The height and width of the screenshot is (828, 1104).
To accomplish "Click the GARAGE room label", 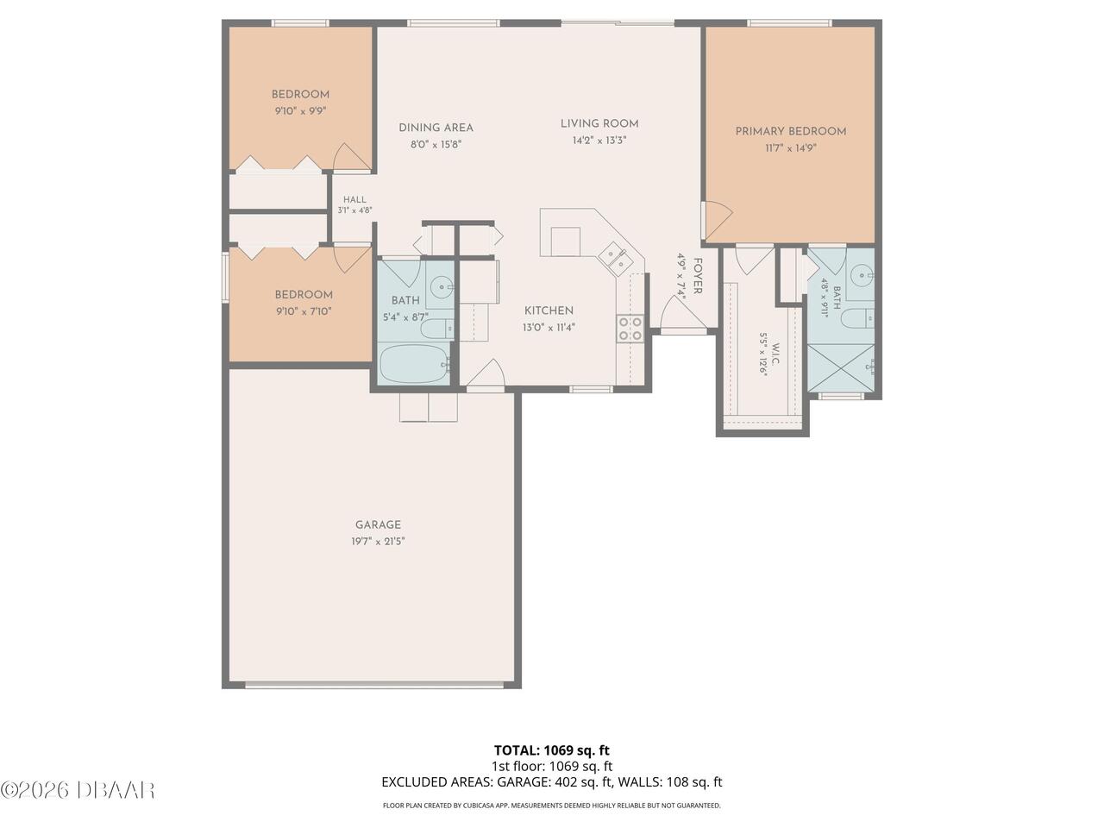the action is tap(378, 525).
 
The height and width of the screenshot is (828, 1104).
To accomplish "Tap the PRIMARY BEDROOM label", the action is tap(791, 132).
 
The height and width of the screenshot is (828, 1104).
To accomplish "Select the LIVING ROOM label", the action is tap(599, 123).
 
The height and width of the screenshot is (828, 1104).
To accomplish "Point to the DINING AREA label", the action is tap(436, 128).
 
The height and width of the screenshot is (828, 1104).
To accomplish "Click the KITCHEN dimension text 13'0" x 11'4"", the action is tap(549, 327).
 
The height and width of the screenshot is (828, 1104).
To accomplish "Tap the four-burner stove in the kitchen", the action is tap(630, 329).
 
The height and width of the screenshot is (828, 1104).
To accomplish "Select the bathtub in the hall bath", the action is tap(415, 365).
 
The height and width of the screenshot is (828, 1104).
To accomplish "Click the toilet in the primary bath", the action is tap(858, 317).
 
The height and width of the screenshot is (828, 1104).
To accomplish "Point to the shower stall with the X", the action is tap(840, 368).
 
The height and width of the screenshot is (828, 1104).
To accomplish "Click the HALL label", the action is tap(354, 199).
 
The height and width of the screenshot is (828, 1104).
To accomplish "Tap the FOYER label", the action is tap(698, 276).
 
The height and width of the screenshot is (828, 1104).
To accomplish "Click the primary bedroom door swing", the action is tap(718, 220).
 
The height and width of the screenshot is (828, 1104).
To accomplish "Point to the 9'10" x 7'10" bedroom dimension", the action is tap(304, 311).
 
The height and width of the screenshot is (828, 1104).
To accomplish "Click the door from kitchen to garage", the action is tap(486, 375).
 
